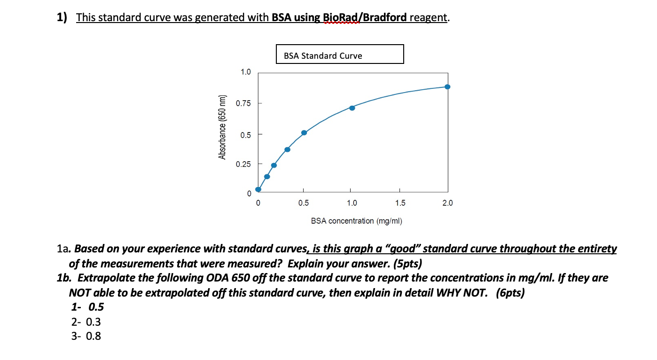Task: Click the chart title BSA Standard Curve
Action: pos(323,55)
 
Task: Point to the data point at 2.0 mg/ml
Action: pos(447,86)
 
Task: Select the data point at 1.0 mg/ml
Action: pos(352,108)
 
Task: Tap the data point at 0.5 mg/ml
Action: pos(304,133)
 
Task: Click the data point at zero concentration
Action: pos(258,190)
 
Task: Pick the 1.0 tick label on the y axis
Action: pos(245,72)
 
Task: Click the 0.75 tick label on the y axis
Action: pos(243,103)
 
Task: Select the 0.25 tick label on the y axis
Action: pos(243,164)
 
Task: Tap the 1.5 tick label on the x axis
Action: pos(400,203)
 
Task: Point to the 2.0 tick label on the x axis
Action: pos(447,203)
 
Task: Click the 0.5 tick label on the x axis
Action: pos(304,203)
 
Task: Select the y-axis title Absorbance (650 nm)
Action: pos(222,127)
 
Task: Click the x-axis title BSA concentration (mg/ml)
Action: pos(356,221)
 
